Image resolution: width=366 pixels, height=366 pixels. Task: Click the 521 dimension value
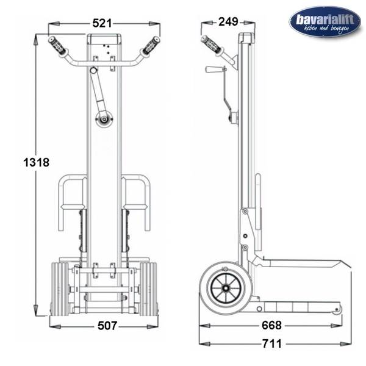102,23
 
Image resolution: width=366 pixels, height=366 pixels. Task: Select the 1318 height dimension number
37,162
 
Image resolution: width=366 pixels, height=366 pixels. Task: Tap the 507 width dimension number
107,326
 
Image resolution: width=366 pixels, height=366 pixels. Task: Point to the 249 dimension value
228,22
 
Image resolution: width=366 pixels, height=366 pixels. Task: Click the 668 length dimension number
271,325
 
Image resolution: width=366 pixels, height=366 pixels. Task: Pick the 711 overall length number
272,343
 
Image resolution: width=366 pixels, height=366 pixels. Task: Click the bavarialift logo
325,22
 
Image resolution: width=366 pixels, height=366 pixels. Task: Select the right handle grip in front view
150,46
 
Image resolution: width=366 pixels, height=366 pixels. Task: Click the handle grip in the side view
212,45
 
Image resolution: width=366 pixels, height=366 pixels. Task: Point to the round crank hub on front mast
104,120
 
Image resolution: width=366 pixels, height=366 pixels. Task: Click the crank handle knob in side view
213,70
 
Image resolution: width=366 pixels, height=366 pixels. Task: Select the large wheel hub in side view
226,289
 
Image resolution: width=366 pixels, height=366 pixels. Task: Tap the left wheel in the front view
60,289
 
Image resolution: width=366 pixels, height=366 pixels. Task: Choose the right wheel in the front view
148,289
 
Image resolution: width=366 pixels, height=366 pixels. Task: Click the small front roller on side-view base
337,309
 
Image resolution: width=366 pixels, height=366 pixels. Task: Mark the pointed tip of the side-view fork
351,267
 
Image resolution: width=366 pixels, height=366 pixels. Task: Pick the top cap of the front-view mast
104,39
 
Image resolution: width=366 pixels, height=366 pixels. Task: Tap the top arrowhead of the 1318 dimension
35,40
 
